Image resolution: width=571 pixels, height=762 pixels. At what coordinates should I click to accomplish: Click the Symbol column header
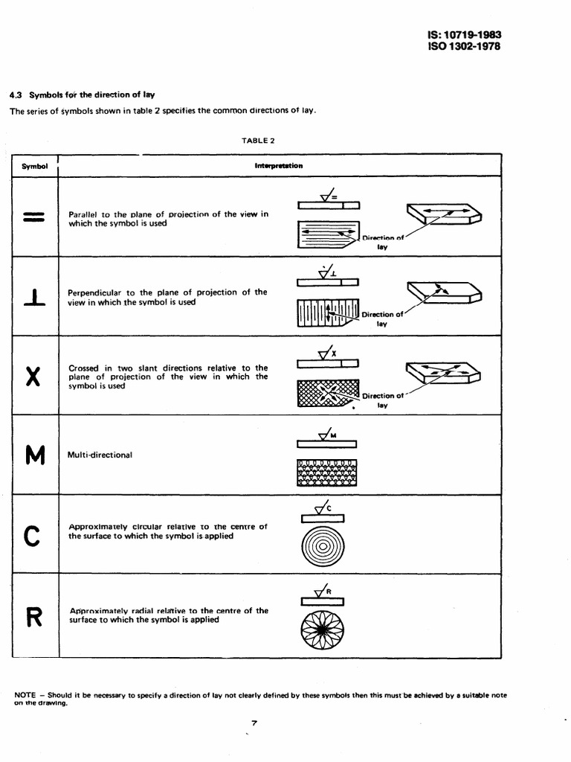(34, 165)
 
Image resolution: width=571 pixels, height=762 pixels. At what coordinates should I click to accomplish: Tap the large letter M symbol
(35, 454)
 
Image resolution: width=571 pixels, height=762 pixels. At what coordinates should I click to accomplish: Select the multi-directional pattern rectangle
(327, 472)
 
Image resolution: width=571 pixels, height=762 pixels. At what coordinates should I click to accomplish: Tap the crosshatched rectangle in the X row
(327, 393)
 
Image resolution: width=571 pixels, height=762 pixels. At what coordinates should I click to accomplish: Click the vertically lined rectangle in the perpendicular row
(327, 312)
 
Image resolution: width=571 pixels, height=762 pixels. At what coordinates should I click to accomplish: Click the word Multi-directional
(100, 455)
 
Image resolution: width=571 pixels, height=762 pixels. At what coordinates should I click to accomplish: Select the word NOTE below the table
(26, 695)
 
